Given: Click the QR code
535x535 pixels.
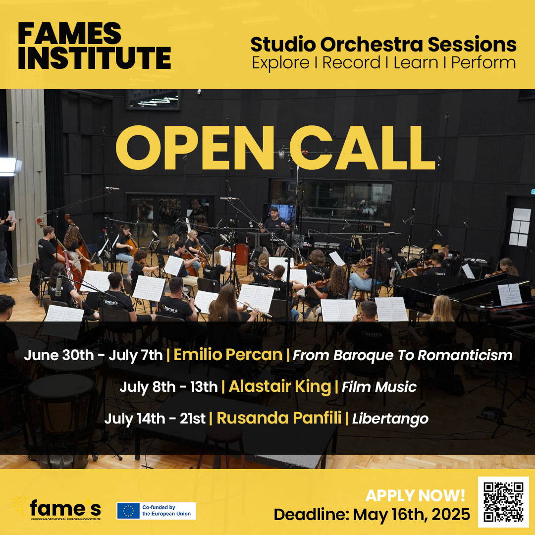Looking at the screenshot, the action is (503, 501).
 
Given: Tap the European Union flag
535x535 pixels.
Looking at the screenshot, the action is (128, 511).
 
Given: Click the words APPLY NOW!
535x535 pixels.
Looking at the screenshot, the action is (415, 495).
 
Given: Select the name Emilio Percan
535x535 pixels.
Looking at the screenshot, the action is (228, 355).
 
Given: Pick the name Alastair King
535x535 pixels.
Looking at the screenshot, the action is (280, 386).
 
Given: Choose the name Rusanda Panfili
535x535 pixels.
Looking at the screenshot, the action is (279, 418).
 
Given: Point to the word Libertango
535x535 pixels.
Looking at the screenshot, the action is (390, 419).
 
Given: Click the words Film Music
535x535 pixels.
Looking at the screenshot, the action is (379, 387).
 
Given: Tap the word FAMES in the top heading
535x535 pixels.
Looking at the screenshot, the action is (70, 34).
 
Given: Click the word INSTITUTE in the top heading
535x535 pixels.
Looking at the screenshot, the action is (95, 58).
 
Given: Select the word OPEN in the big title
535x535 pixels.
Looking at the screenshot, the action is (195, 148).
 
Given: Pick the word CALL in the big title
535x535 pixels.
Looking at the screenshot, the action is (362, 148).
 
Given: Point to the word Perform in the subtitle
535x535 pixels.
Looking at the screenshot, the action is (483, 63).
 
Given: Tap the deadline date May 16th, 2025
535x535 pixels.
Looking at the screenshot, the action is (411, 515).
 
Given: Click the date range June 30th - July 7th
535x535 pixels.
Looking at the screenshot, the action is (93, 355).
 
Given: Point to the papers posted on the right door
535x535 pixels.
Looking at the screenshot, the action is (520, 227).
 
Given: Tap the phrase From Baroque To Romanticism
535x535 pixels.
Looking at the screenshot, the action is (403, 355).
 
